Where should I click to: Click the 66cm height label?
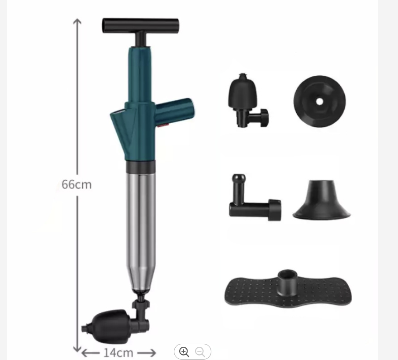coord(77,184)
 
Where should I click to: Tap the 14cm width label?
coord(118,353)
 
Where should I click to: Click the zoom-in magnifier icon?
coord(184,352)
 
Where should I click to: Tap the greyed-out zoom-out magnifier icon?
coord(200,352)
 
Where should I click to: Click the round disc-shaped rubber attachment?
coord(320,102)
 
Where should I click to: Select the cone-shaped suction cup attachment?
coord(321,200)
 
